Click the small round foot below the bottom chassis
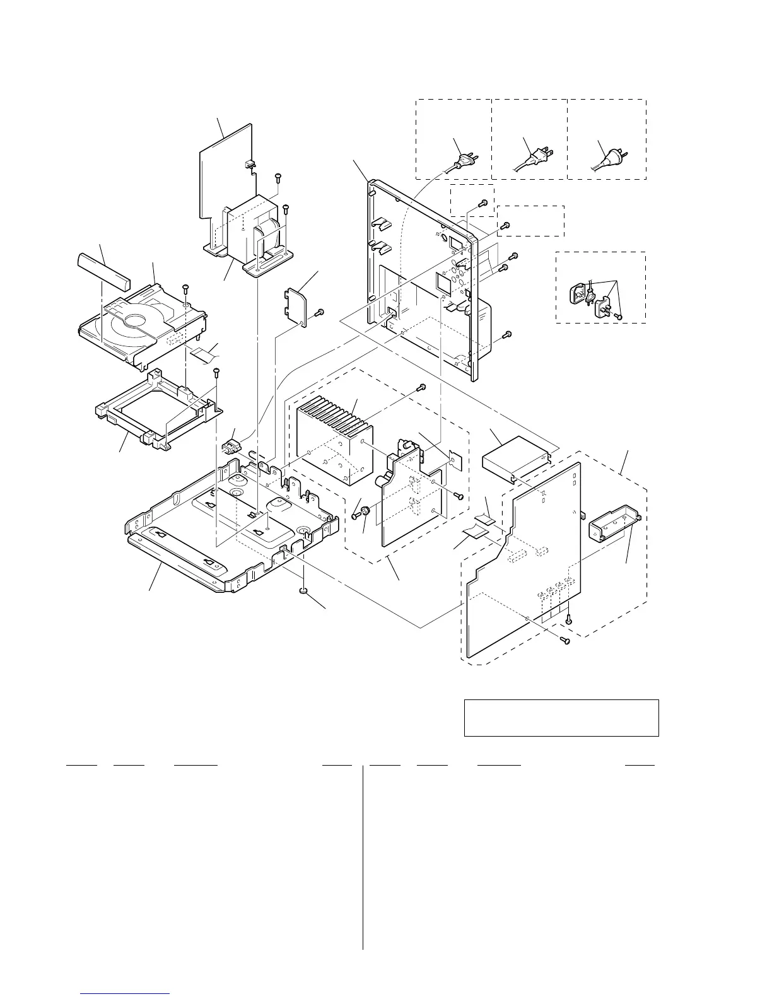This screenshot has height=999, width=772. point(303,590)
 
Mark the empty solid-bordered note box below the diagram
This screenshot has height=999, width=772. point(561,717)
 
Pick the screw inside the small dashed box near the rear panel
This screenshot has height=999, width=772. point(482,203)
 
